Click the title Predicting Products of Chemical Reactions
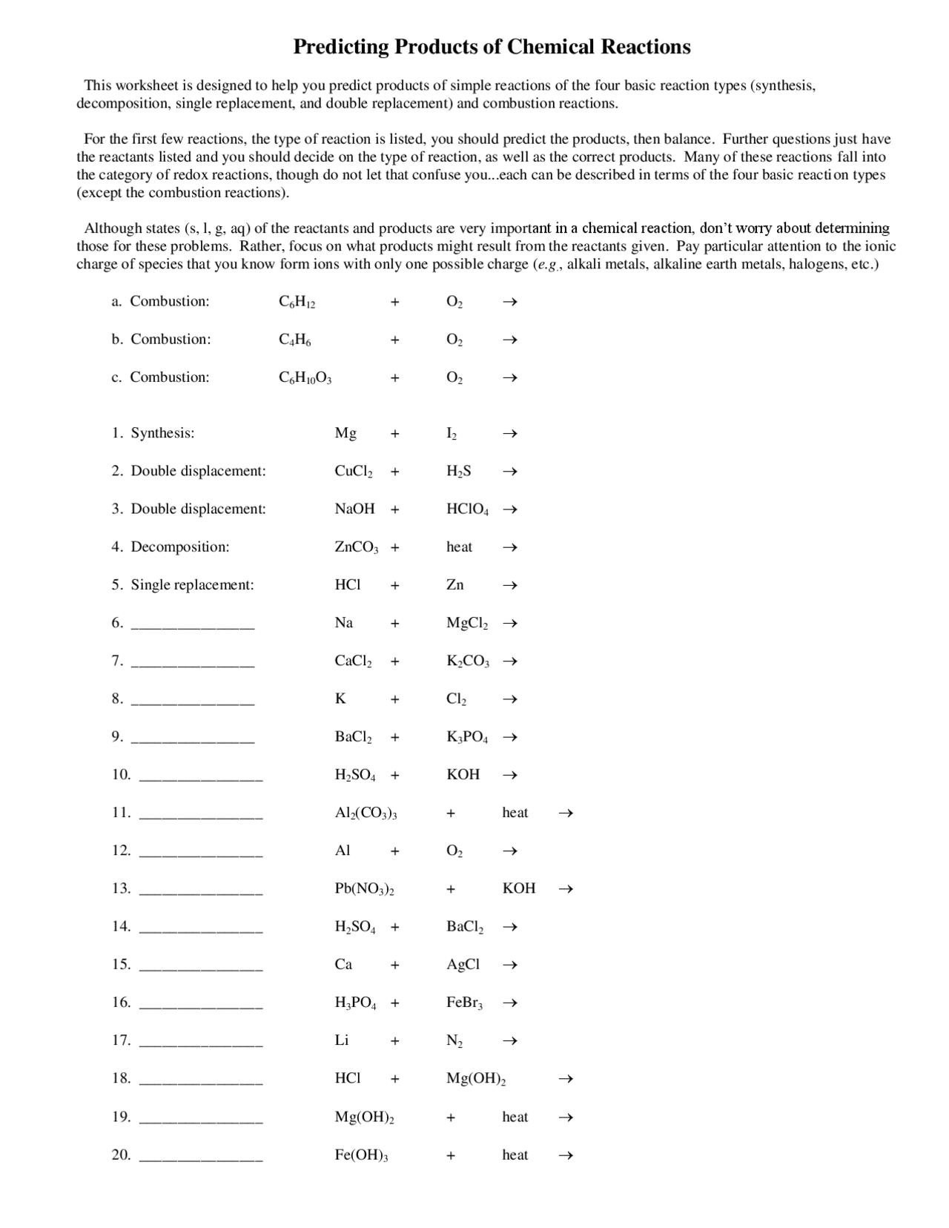pos(492,47)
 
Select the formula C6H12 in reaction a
pos(297,302)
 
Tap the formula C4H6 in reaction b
pos(295,340)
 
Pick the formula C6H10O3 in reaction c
pos(305,377)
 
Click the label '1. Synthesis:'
pos(153,433)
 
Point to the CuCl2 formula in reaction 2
pos(354,472)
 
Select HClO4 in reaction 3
pos(467,509)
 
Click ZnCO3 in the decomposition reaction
pos(357,547)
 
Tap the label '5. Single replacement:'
pos(183,585)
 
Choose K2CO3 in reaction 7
pos(468,661)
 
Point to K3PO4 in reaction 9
pos(467,737)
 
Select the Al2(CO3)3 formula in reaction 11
pos(366,813)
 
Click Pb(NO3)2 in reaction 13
pos(364,889)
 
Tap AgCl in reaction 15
pos(463,965)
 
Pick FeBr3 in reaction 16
pos(465,1003)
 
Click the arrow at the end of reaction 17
pos(509,1041)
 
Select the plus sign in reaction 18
pos(395,1079)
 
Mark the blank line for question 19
pos(201,1121)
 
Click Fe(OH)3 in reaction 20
pos(361,1155)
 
